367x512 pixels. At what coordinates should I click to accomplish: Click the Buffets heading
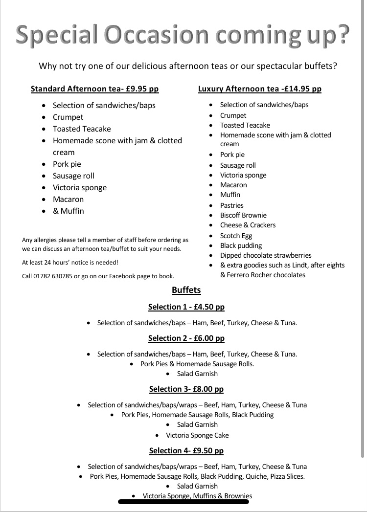pos(186,290)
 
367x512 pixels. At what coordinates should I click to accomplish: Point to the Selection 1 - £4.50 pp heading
pos(186,307)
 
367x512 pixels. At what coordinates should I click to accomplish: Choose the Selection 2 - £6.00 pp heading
pos(186,338)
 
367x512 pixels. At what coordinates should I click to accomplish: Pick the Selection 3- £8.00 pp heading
pos(186,389)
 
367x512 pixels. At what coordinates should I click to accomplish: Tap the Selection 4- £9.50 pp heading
pos(186,451)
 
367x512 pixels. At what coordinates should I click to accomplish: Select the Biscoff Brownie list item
pos(243,215)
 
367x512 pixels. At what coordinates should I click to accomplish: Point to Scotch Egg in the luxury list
pos(236,236)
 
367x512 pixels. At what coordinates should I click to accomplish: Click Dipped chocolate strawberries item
pos(266,255)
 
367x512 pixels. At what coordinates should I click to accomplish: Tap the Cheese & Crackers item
pos(248,225)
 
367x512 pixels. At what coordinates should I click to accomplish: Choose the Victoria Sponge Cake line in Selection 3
pos(197,435)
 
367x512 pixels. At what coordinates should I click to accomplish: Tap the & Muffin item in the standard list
pos(68,211)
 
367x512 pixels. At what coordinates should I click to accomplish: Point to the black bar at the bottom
pos(184,501)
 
